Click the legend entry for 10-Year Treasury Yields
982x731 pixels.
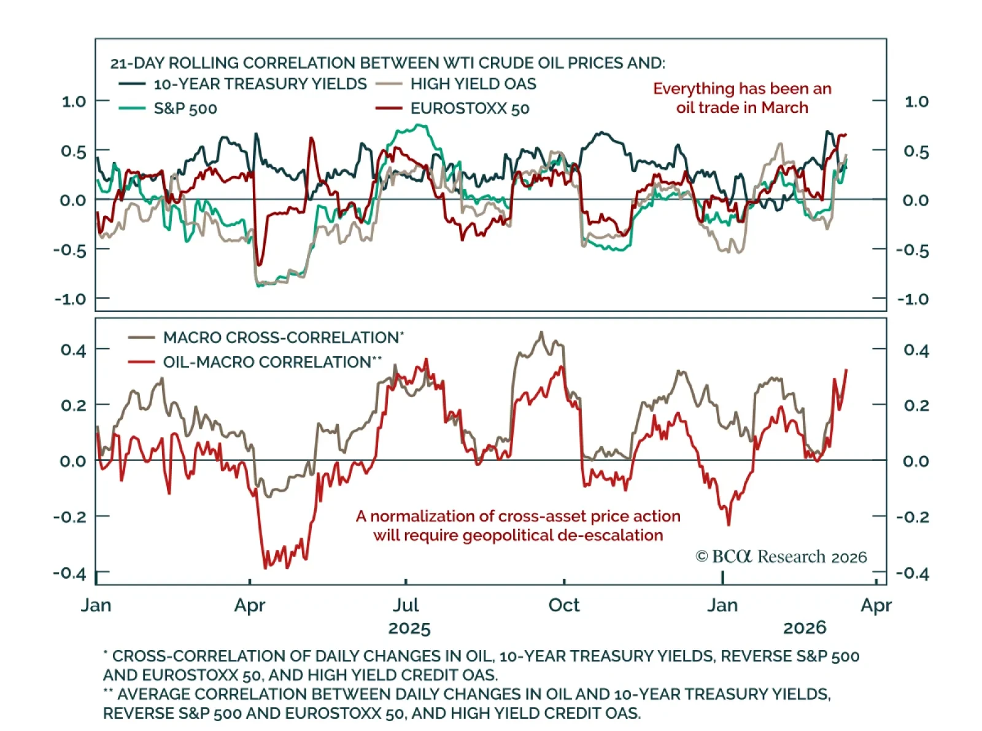tap(260, 84)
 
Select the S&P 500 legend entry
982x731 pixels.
tap(185, 109)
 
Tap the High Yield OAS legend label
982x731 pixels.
tap(473, 84)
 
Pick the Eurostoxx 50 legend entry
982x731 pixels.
tap(470, 109)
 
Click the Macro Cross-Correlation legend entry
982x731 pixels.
tap(283, 338)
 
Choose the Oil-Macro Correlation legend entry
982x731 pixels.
tap(272, 362)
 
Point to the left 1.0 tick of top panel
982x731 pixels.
tap(74, 101)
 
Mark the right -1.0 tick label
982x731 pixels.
tap(913, 300)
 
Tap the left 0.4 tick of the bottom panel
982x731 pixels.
tap(74, 350)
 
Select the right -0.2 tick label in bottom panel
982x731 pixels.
tap(913, 517)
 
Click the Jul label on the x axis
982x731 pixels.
tap(406, 605)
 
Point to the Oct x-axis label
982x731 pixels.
tap(564, 605)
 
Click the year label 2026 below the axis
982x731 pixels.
tap(805, 628)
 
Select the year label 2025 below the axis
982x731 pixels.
tap(409, 629)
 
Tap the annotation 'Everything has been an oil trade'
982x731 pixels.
tap(742, 98)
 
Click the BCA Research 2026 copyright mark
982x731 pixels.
tap(781, 557)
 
